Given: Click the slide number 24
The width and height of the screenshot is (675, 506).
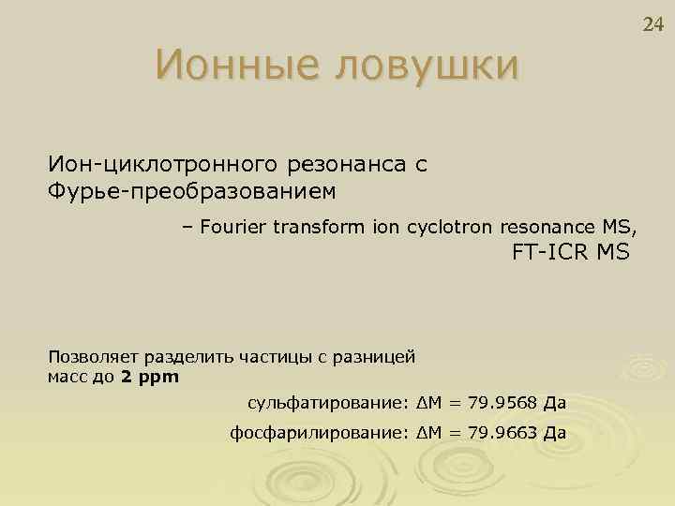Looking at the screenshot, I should tap(652, 23).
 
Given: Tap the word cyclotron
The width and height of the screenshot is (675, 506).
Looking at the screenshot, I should tap(447, 226).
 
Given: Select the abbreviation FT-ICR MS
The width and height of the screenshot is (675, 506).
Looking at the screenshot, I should tap(571, 252).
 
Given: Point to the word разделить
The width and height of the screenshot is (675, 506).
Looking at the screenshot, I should tap(190, 357).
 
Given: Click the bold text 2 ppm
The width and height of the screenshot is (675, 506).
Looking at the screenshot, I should tap(150, 377).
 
